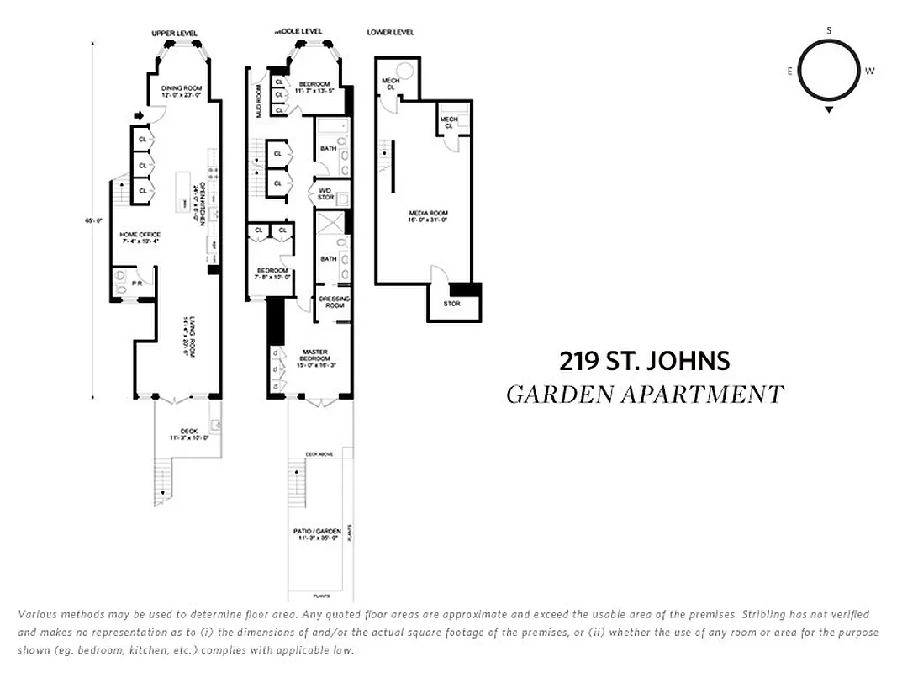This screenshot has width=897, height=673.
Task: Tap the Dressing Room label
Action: coord(335,302)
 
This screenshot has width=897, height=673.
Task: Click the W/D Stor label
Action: coord(325,194)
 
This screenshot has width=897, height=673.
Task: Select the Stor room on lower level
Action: coord(451,304)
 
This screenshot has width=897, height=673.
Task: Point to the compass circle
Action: coord(829,71)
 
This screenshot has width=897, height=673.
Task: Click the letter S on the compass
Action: coord(829,30)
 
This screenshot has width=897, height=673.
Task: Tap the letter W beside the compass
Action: coord(869,72)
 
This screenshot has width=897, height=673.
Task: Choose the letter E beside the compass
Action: coord(790,72)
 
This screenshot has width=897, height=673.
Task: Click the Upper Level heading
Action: coord(174,34)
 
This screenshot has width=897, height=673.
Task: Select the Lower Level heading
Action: coord(391,33)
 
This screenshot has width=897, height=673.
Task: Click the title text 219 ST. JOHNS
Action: coord(644,362)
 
